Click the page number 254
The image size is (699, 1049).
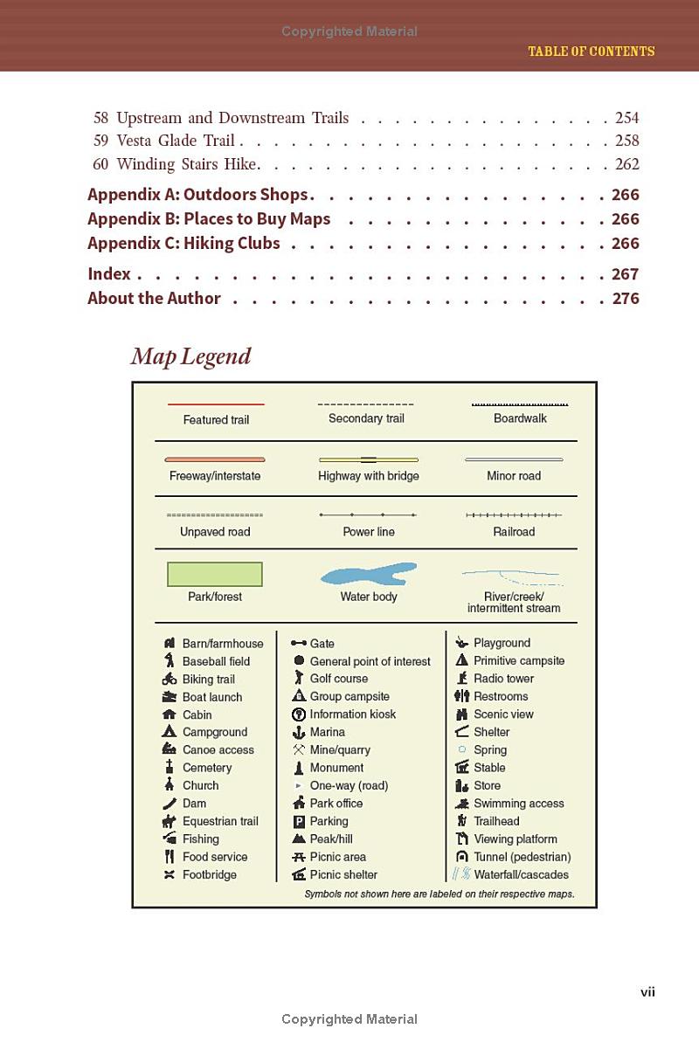pos(626,118)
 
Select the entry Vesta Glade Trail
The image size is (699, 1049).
pos(175,141)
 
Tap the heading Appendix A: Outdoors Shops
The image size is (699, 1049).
pos(197,195)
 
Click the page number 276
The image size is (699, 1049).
pos(626,298)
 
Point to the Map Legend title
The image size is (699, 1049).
pos(190,356)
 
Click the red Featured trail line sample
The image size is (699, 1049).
pos(216,404)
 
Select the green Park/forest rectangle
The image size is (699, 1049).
pos(215,574)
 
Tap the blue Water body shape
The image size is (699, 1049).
pos(369,575)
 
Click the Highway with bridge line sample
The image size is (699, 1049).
pos(368,459)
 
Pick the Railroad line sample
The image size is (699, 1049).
pos(514,515)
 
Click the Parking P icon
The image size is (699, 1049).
pos(299,821)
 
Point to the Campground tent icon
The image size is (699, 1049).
pos(170,732)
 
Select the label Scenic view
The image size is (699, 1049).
pos(503,714)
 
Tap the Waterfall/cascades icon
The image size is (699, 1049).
pos(461,873)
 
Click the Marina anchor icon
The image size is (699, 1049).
pos(299,732)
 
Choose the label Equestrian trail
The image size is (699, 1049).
pos(220,821)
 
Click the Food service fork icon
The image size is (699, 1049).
pos(170,857)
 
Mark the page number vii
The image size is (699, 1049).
pos(647,991)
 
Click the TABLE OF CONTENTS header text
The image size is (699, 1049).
pos(591,52)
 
